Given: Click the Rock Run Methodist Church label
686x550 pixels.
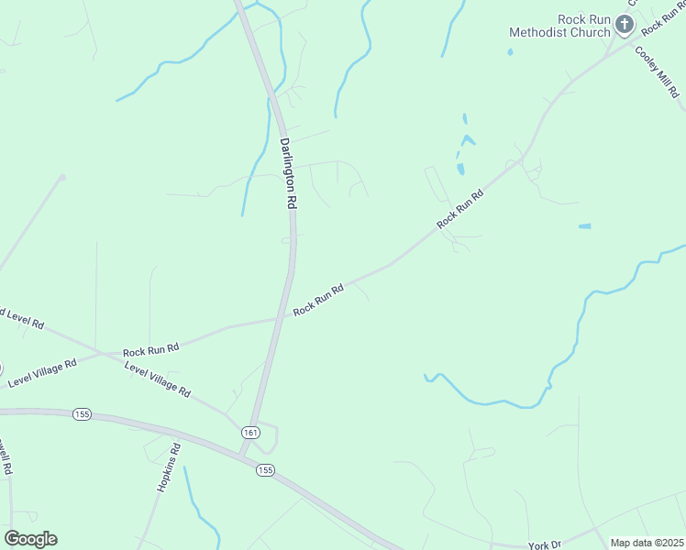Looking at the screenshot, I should click(x=560, y=26).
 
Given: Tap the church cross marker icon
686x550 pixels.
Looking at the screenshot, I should click(x=625, y=25).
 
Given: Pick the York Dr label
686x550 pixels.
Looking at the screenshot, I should click(x=544, y=544).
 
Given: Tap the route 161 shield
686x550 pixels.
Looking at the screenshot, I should click(x=250, y=432).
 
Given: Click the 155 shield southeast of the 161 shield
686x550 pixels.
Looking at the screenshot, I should click(x=265, y=470).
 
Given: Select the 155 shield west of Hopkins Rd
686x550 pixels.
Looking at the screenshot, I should click(x=83, y=414).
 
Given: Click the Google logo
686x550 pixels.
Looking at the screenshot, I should click(x=30, y=539).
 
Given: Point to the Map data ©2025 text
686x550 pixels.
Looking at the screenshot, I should click(x=647, y=543).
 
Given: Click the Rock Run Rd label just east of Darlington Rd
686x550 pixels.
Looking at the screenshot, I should click(x=318, y=301).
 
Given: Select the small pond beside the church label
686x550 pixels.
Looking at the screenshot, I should click(x=510, y=52).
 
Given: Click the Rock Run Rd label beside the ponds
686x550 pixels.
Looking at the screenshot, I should click(x=459, y=210).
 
